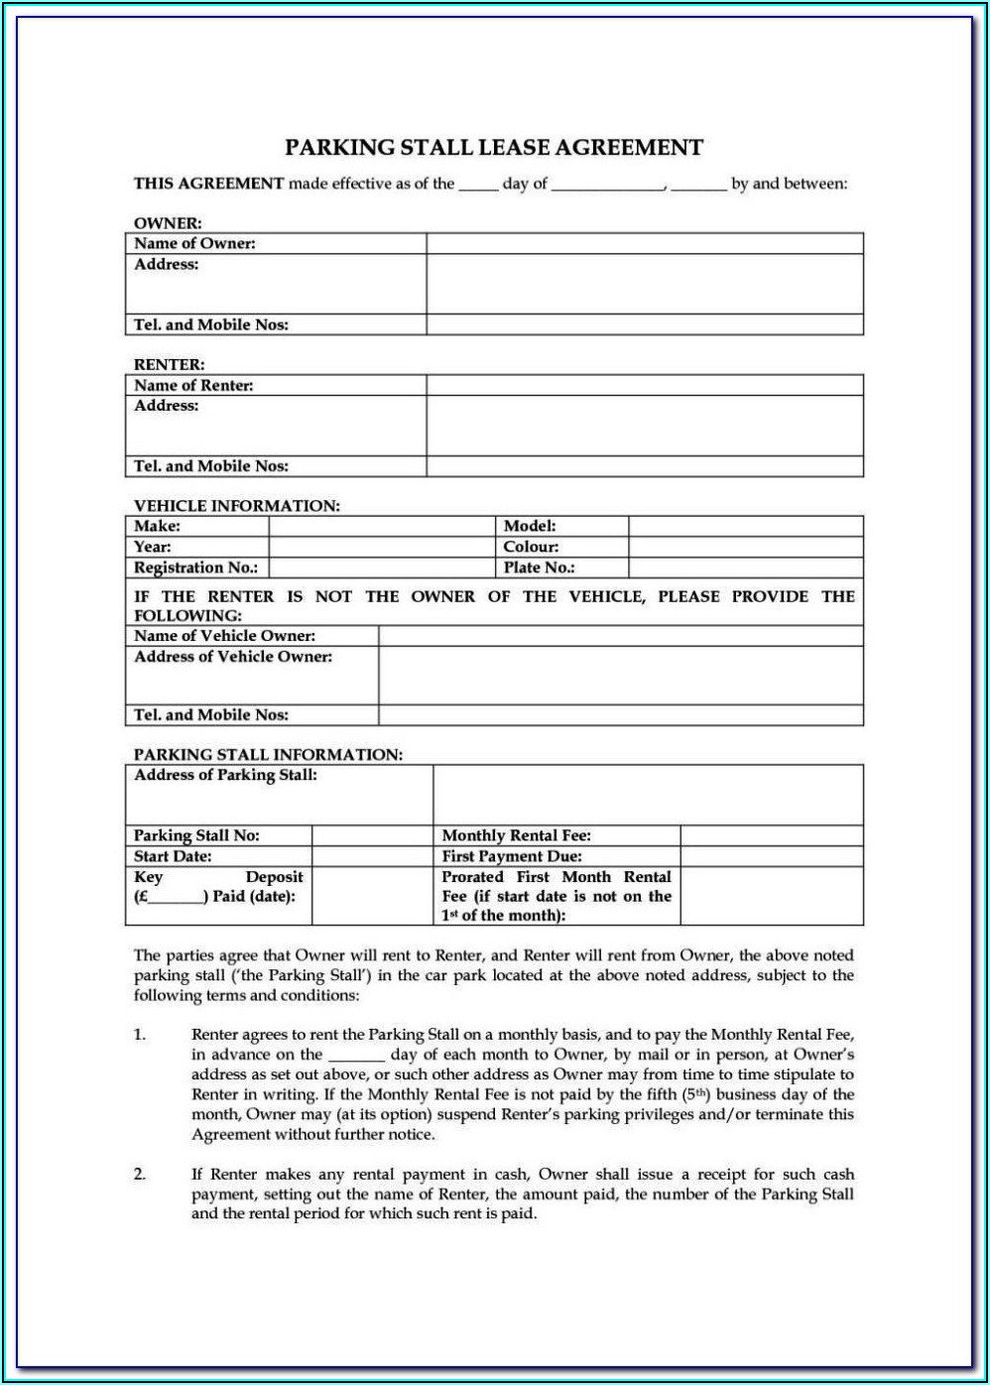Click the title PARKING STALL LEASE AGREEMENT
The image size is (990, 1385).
tap(494, 148)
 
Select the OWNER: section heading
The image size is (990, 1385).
tap(168, 223)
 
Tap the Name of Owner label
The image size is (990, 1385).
tap(194, 243)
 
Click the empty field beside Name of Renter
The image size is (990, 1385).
tap(645, 385)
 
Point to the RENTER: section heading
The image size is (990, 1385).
tap(170, 365)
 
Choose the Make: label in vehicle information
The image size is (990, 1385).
tap(157, 526)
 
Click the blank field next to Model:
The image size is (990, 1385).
tap(745, 526)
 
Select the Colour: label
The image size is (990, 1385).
tap(531, 547)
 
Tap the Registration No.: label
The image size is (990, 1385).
tap(195, 567)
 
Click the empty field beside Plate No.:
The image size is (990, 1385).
tap(745, 567)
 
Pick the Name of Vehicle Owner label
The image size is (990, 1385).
tap(224, 636)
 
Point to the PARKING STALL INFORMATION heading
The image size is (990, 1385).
tap(268, 755)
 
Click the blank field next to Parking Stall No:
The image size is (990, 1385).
tap(372, 835)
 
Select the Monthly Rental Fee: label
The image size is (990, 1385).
tap(516, 835)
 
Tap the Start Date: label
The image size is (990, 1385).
tap(173, 856)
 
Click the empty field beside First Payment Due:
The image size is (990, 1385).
tap(771, 856)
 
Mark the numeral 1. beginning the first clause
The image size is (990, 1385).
tap(140, 1035)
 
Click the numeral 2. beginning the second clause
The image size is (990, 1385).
tap(140, 1175)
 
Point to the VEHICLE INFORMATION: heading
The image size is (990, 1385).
tap(237, 506)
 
